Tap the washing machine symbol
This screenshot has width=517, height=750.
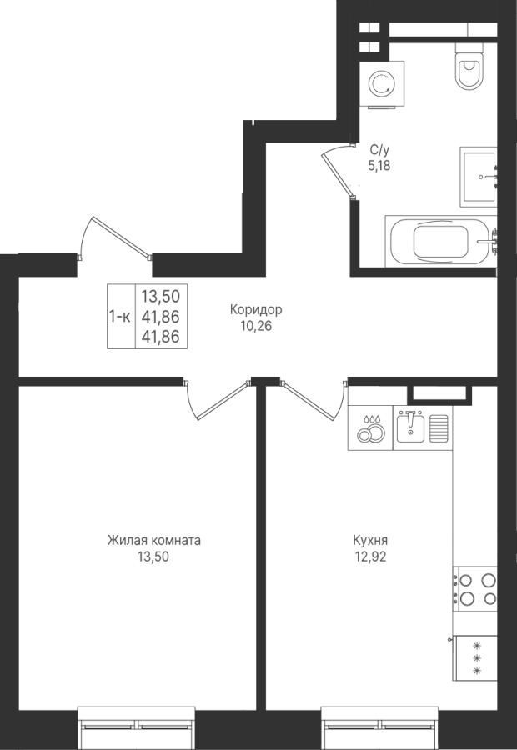click(x=382, y=83)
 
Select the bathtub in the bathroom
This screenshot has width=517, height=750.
click(x=441, y=241)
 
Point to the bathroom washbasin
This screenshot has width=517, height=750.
click(x=479, y=177)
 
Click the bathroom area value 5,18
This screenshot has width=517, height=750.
click(x=379, y=166)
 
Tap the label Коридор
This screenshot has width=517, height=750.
click(x=256, y=309)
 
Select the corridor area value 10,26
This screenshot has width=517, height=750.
click(x=257, y=326)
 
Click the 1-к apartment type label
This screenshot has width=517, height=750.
click(x=120, y=316)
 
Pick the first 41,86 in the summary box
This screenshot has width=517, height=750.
click(x=160, y=316)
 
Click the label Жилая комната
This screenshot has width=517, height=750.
click(x=153, y=541)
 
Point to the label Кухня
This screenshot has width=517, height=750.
click(x=370, y=541)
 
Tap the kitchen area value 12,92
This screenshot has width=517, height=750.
click(x=370, y=557)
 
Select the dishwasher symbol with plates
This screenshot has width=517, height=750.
click(x=370, y=427)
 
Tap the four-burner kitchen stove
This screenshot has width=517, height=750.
click(x=474, y=589)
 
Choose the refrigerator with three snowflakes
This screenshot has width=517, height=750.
click(x=474, y=658)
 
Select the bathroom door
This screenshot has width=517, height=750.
click(x=339, y=170)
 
